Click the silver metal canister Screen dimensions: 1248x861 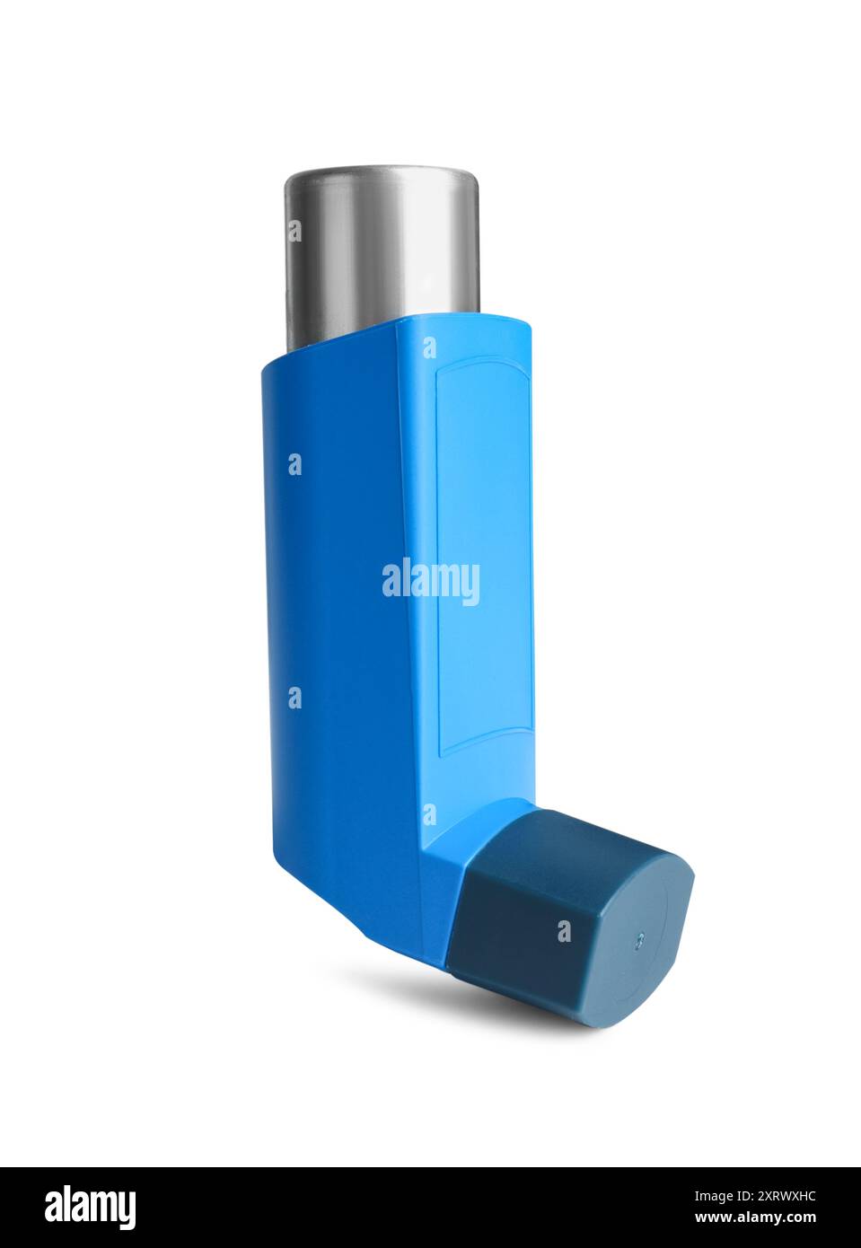click(x=382, y=251)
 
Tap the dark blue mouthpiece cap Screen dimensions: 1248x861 click(x=539, y=907)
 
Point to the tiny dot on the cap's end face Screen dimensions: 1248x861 click(x=639, y=940)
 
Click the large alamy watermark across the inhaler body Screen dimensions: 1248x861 click(x=431, y=582)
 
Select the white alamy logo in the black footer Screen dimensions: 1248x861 click(x=90, y=1208)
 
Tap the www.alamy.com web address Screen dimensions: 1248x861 click(x=756, y=1218)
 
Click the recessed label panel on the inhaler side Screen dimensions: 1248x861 click(x=483, y=557)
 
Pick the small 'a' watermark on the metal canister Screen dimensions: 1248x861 click(x=294, y=232)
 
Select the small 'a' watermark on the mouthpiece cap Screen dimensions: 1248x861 click(x=564, y=931)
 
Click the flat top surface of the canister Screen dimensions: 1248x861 click(x=382, y=172)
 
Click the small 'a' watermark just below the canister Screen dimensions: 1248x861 click(x=429, y=347)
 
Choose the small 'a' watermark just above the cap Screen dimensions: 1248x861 click(x=429, y=814)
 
